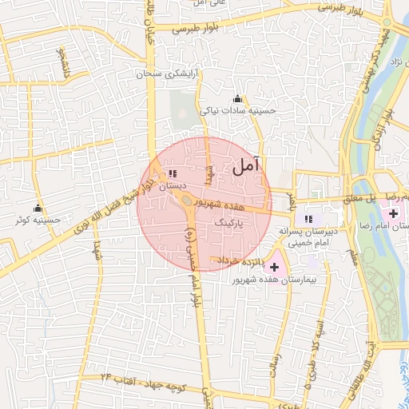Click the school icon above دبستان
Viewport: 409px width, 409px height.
[173, 173]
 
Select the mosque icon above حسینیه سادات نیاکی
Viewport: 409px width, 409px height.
[236, 99]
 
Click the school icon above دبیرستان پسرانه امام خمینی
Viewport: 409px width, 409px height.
[309, 218]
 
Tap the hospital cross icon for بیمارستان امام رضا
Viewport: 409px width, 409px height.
[393, 213]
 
